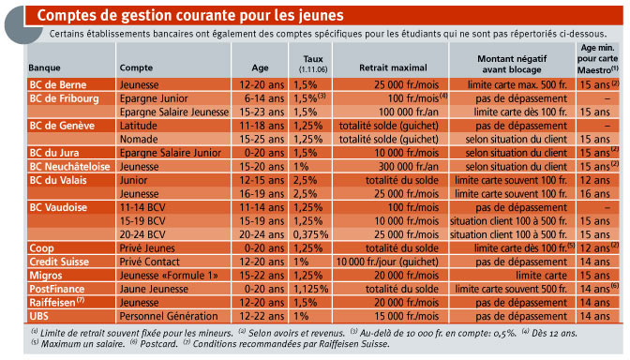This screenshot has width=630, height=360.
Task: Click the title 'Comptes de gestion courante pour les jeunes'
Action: [190, 16]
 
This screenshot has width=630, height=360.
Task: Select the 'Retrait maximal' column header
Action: [393, 67]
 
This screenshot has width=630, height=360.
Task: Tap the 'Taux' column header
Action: [313, 59]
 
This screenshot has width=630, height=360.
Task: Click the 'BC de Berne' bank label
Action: [58, 84]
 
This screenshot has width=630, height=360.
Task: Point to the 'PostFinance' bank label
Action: [56, 289]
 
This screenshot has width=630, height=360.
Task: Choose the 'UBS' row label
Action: [38, 316]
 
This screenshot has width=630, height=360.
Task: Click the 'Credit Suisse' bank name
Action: [59, 262]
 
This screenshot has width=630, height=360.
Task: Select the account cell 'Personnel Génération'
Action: [169, 316]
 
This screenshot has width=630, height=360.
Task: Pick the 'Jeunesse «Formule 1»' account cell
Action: [169, 276]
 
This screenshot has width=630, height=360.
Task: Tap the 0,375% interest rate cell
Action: [310, 234]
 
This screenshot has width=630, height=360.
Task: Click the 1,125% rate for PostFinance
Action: [310, 289]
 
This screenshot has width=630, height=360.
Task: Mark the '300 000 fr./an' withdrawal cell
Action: [408, 167]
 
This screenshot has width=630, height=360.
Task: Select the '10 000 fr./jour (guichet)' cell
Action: [387, 262]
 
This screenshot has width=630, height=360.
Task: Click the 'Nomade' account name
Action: [139, 140]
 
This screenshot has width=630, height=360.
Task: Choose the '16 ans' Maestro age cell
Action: [594, 194]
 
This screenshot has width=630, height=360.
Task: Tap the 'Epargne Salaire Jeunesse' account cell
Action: [174, 112]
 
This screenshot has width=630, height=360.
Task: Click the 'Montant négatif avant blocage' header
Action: [512, 65]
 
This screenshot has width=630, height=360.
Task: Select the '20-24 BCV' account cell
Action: [142, 234]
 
